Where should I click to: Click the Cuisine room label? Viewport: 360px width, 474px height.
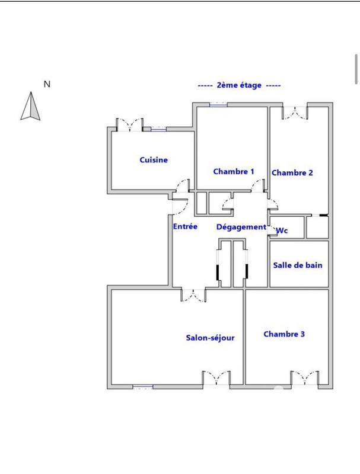[154, 160]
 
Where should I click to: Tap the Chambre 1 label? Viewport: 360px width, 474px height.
[234, 171]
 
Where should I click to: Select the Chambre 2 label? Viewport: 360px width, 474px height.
[292, 173]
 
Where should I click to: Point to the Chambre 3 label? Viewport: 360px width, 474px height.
[284, 334]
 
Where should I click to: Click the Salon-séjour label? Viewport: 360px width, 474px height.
[211, 338]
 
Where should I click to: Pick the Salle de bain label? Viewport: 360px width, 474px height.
[298, 265]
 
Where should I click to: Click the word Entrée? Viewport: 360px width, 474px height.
[185, 226]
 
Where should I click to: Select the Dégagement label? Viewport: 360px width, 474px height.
[241, 227]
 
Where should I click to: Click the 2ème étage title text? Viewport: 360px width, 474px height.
[239, 85]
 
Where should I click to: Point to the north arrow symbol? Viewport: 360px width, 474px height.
[30, 107]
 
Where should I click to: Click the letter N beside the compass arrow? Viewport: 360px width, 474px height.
[47, 84]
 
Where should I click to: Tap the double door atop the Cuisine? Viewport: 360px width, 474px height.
[129, 125]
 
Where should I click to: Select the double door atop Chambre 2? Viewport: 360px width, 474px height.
[295, 112]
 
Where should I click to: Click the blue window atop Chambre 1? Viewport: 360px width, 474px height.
[218, 104]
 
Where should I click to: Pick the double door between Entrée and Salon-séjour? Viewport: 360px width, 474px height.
[193, 294]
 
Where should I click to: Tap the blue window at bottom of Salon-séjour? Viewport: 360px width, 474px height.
[143, 387]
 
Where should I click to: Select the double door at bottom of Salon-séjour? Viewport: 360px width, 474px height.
[216, 378]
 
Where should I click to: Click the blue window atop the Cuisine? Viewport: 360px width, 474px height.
[158, 129]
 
